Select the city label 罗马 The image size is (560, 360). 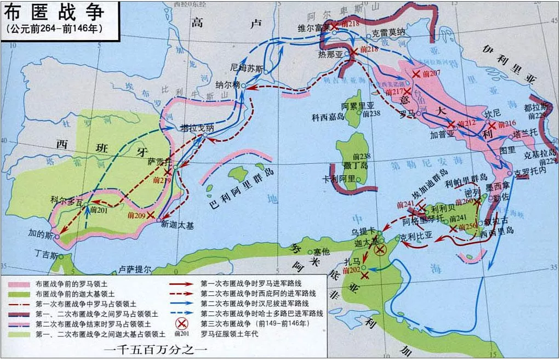click(407, 114)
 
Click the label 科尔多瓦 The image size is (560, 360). click(66, 201)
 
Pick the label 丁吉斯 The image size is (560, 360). click(46, 254)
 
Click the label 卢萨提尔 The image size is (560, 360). click(134, 269)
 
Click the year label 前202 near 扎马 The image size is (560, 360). click(351, 271)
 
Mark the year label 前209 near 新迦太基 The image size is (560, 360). click(136, 215)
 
